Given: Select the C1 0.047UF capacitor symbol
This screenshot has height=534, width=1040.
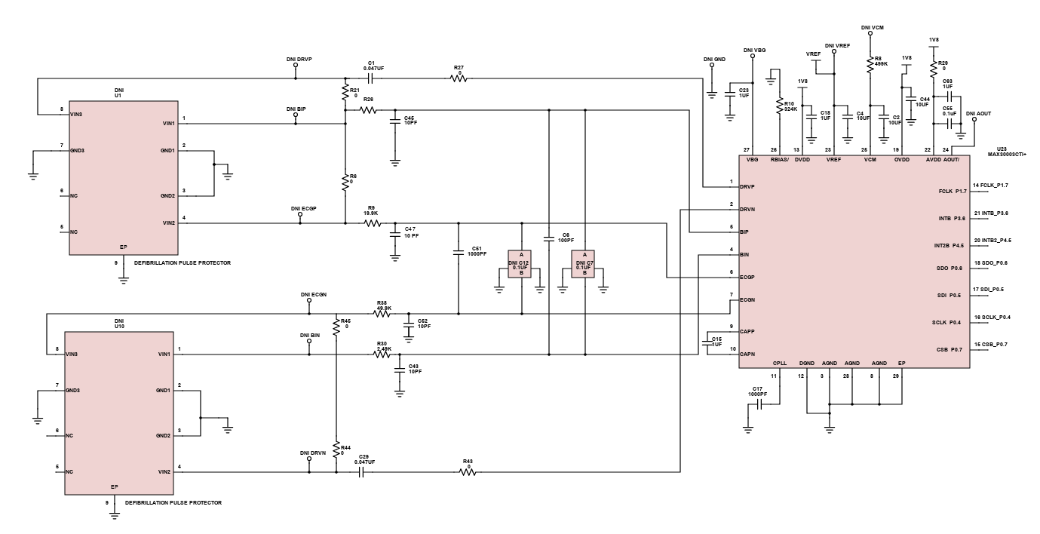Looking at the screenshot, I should click(371, 79).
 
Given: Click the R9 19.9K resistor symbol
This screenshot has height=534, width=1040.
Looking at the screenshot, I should click(371, 223).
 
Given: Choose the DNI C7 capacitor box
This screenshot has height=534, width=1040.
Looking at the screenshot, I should click(584, 264).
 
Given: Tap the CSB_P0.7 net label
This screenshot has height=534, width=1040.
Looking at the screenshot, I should click(992, 345).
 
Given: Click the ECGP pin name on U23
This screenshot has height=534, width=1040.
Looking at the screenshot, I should click(748, 277).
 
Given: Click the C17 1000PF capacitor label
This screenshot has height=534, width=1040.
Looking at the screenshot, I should click(757, 392).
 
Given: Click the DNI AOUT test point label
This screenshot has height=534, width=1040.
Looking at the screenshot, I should click(978, 113).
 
